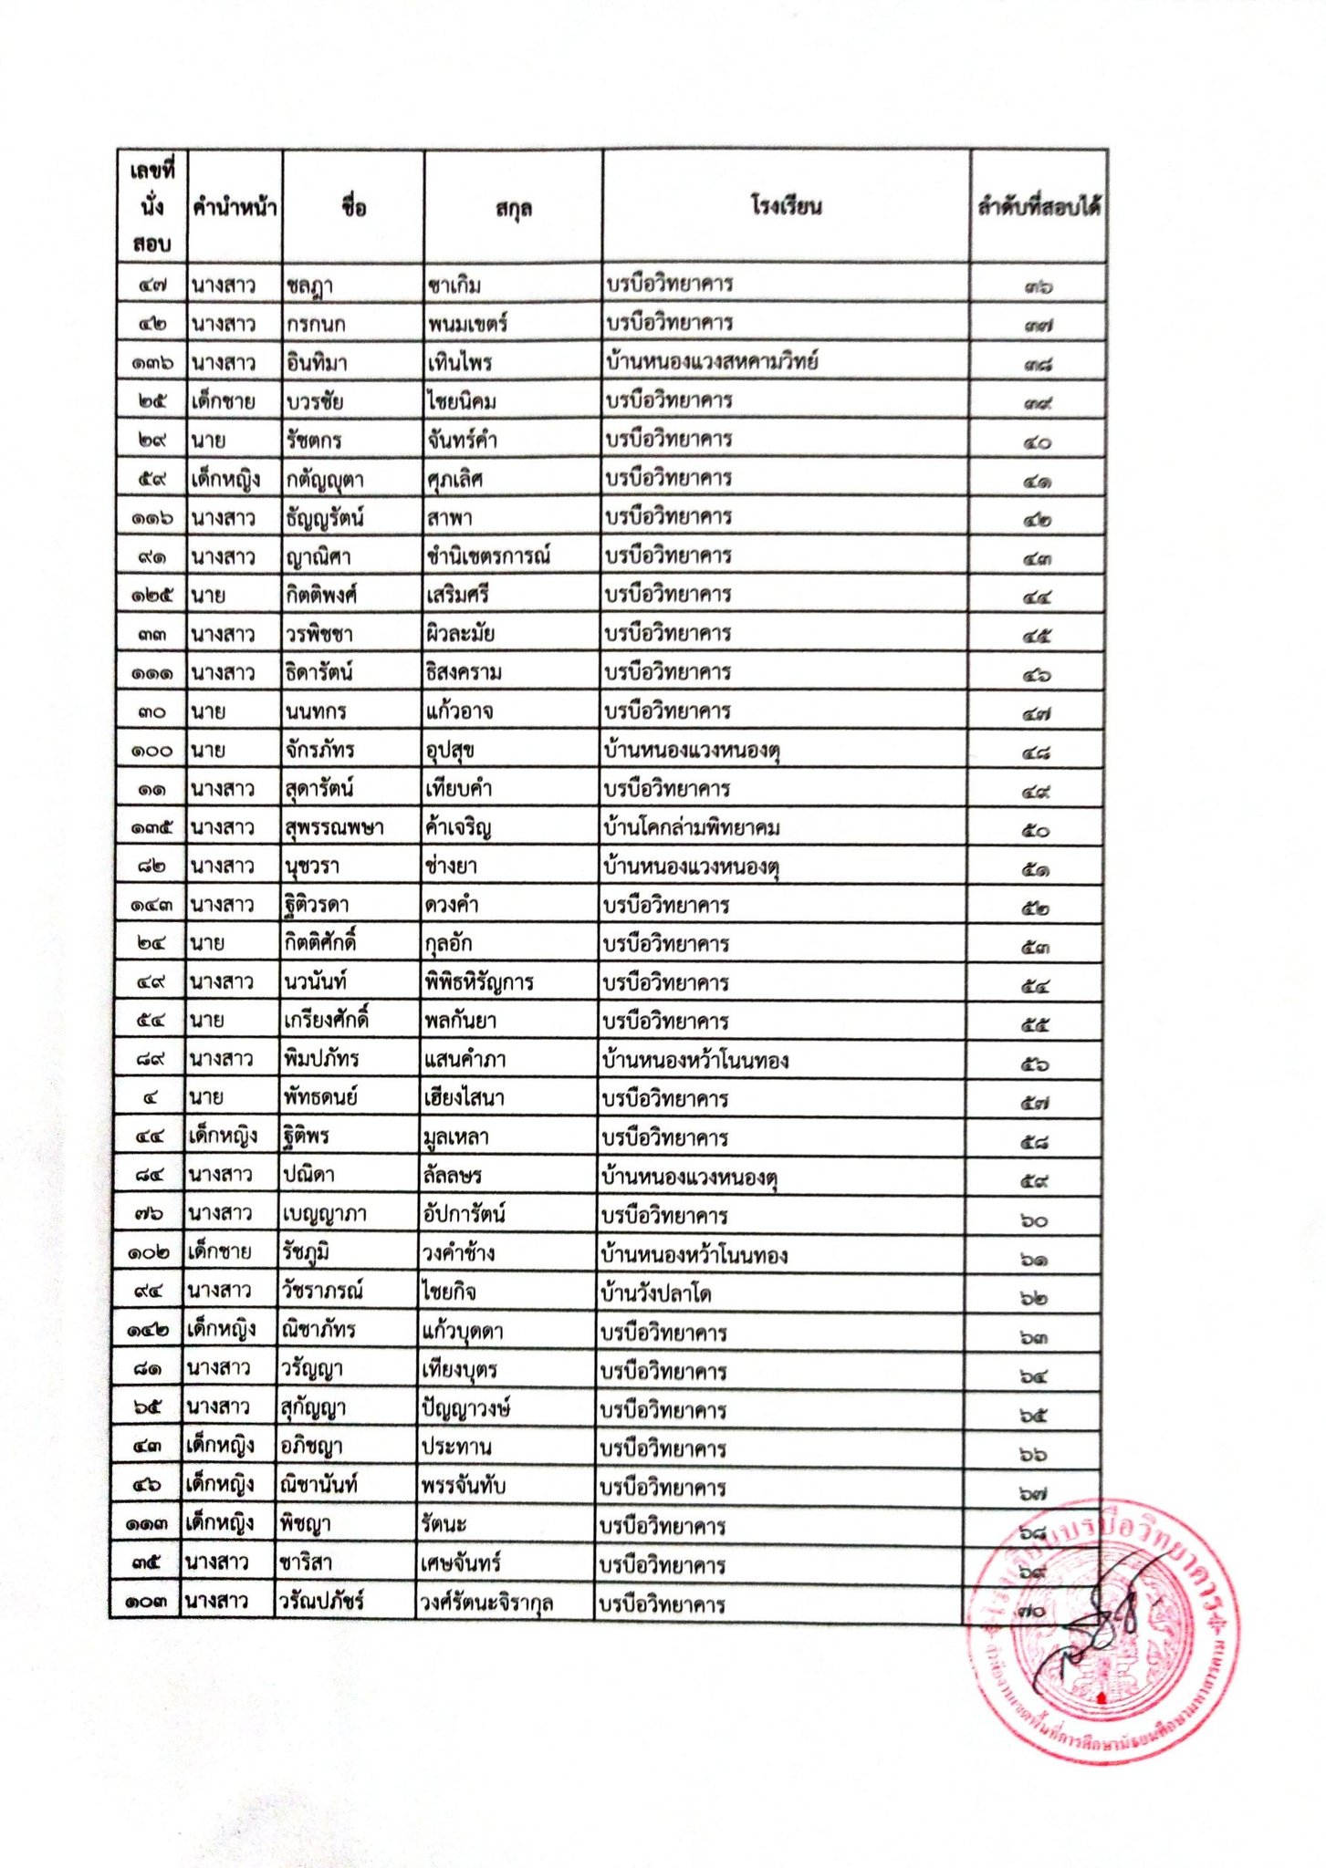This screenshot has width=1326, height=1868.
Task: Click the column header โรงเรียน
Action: (786, 206)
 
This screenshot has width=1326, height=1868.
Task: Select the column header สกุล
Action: (513, 209)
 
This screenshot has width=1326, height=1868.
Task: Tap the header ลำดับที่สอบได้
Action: (1038, 207)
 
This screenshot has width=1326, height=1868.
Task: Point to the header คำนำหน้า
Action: (235, 208)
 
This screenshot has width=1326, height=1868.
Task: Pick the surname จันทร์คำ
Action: (462, 441)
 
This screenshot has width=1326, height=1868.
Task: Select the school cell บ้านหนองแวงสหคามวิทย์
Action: (711, 362)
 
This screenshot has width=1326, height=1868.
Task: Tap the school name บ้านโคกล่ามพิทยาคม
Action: (692, 828)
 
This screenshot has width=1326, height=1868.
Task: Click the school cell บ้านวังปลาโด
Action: (657, 1293)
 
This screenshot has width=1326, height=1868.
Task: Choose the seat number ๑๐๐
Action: (151, 752)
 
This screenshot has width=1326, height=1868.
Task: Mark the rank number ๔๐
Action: (1037, 443)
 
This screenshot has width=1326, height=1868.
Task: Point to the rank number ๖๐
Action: (1034, 1220)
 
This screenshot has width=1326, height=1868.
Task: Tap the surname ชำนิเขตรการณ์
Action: (488, 556)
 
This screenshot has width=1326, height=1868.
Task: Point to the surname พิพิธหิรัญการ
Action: (479, 983)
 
